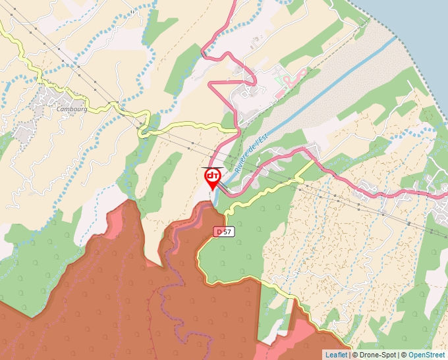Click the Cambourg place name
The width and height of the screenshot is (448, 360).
coord(72,110)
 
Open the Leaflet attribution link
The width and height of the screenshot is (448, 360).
coord(336,355)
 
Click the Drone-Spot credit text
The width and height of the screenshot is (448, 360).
coord(378,355)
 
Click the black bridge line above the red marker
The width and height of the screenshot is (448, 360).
coord(210,167)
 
